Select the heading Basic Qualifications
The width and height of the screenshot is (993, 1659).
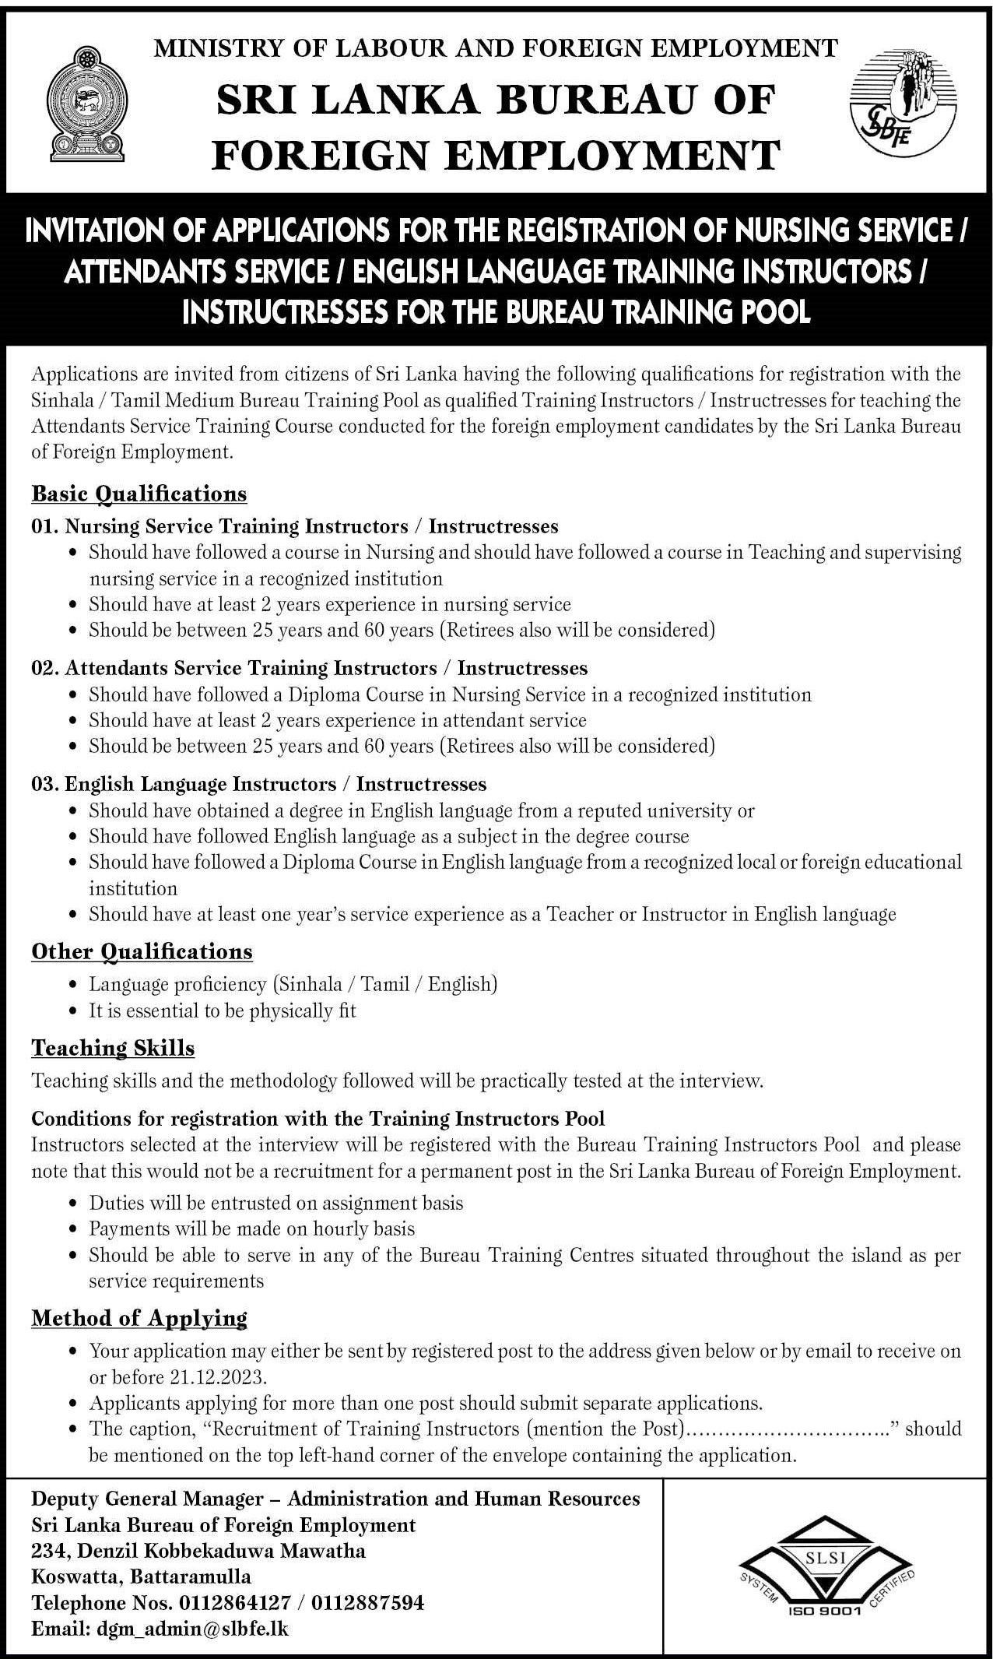click(139, 494)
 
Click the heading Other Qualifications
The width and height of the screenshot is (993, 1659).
click(142, 951)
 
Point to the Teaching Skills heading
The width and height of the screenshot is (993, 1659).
click(113, 1048)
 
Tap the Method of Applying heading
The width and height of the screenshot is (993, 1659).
click(139, 1317)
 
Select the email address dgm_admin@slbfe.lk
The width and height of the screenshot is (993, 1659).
click(193, 1628)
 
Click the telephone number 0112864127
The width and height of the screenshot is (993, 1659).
click(235, 1602)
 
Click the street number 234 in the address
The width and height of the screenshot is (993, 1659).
click(47, 1550)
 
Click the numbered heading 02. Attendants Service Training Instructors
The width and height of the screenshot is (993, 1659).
click(309, 668)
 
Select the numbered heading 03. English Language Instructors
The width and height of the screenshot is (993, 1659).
click(258, 783)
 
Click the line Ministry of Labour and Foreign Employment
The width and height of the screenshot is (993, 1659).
click(496, 49)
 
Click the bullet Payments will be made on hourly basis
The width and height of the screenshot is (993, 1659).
click(252, 1228)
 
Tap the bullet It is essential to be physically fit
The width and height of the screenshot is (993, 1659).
click(223, 1011)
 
